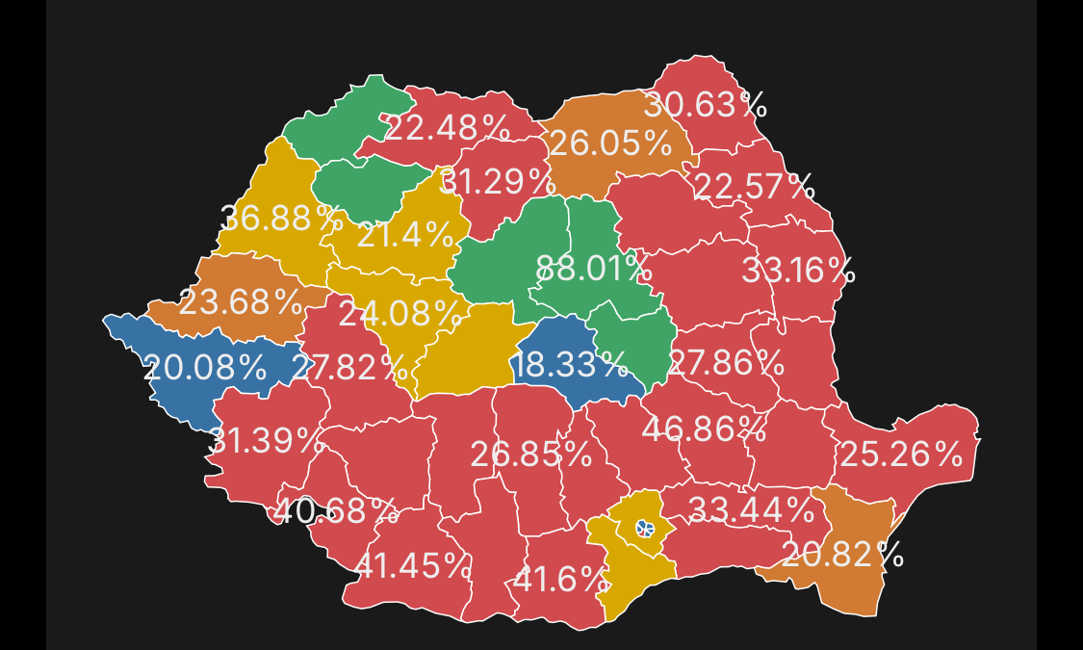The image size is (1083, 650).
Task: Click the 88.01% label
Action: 593,269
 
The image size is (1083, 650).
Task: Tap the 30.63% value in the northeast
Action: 705,105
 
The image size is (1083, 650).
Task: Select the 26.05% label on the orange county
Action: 609,143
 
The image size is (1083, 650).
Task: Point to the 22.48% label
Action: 447,127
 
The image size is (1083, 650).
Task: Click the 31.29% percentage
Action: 497,181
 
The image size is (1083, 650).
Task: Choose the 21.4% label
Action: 404,234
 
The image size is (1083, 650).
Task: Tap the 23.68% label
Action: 241,302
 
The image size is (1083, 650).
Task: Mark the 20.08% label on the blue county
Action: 204,367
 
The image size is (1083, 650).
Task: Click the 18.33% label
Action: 570,365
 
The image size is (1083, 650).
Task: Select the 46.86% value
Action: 704,429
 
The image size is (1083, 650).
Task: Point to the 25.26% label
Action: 900,455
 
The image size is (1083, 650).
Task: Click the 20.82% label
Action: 842,554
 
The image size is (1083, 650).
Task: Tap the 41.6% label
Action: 560,581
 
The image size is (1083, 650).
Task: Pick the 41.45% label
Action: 413,566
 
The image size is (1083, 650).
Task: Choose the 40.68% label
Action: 335,510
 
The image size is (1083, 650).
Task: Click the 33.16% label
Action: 798,272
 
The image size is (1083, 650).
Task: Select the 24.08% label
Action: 399,313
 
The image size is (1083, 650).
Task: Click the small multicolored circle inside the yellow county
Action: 644,529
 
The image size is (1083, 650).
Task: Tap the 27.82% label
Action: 349,367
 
